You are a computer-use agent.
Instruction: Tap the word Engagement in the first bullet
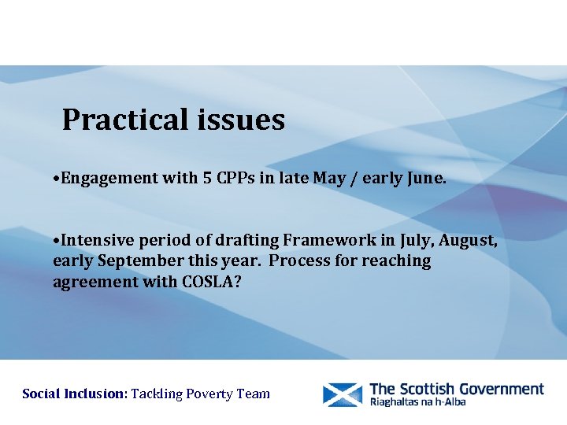(110, 179)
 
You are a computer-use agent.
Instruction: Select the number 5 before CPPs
(207, 178)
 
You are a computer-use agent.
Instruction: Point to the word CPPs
(236, 178)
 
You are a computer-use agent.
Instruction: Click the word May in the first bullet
(329, 178)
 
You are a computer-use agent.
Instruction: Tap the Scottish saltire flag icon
(343, 394)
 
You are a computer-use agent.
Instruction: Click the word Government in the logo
(498, 389)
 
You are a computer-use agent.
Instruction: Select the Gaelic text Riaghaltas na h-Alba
(417, 402)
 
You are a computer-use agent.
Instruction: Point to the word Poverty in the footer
(211, 394)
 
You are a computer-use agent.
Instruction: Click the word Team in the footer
(254, 394)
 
